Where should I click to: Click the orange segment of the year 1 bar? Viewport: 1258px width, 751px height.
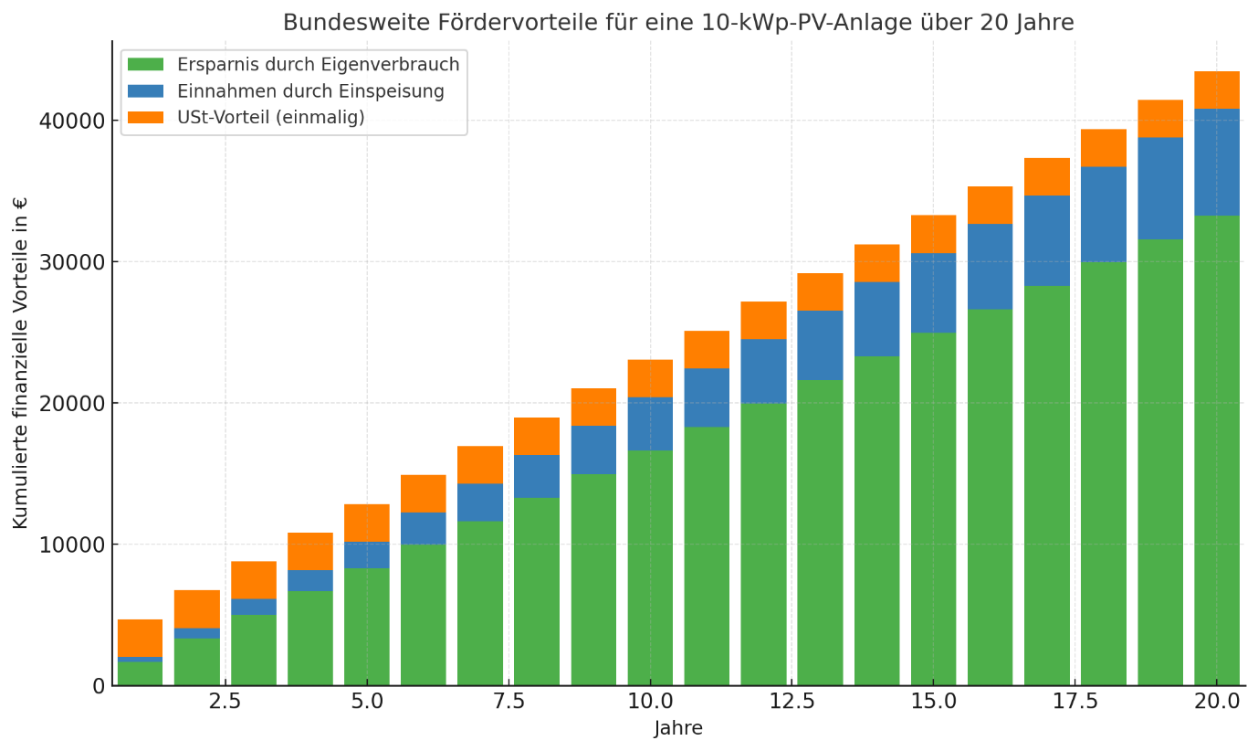point(140,638)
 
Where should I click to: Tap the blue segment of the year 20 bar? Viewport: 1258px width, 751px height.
point(1217,162)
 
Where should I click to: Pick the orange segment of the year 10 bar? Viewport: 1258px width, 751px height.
point(650,378)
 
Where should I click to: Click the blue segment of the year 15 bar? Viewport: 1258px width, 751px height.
point(933,292)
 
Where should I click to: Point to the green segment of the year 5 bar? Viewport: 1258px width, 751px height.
point(366,626)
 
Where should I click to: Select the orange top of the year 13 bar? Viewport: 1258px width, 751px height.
point(820,291)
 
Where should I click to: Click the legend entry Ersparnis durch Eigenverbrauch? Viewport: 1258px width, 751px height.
point(318,65)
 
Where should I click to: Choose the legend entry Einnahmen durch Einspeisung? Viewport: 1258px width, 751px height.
point(310,91)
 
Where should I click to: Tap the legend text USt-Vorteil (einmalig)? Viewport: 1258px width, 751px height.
point(270,118)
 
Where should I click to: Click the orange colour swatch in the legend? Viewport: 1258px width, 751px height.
point(145,118)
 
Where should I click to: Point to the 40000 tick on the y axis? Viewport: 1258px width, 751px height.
point(72,121)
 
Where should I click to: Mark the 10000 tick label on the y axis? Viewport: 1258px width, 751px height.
point(72,545)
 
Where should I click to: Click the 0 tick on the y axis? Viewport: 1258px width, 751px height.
point(99,685)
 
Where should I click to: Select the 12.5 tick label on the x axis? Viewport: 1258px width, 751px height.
point(791,702)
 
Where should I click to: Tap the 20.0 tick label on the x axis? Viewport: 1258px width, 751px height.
point(1217,702)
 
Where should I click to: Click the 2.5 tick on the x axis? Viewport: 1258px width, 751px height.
point(225,702)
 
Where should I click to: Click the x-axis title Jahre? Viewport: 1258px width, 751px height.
point(678,729)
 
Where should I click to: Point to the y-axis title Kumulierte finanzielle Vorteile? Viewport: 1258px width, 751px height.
point(21,363)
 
